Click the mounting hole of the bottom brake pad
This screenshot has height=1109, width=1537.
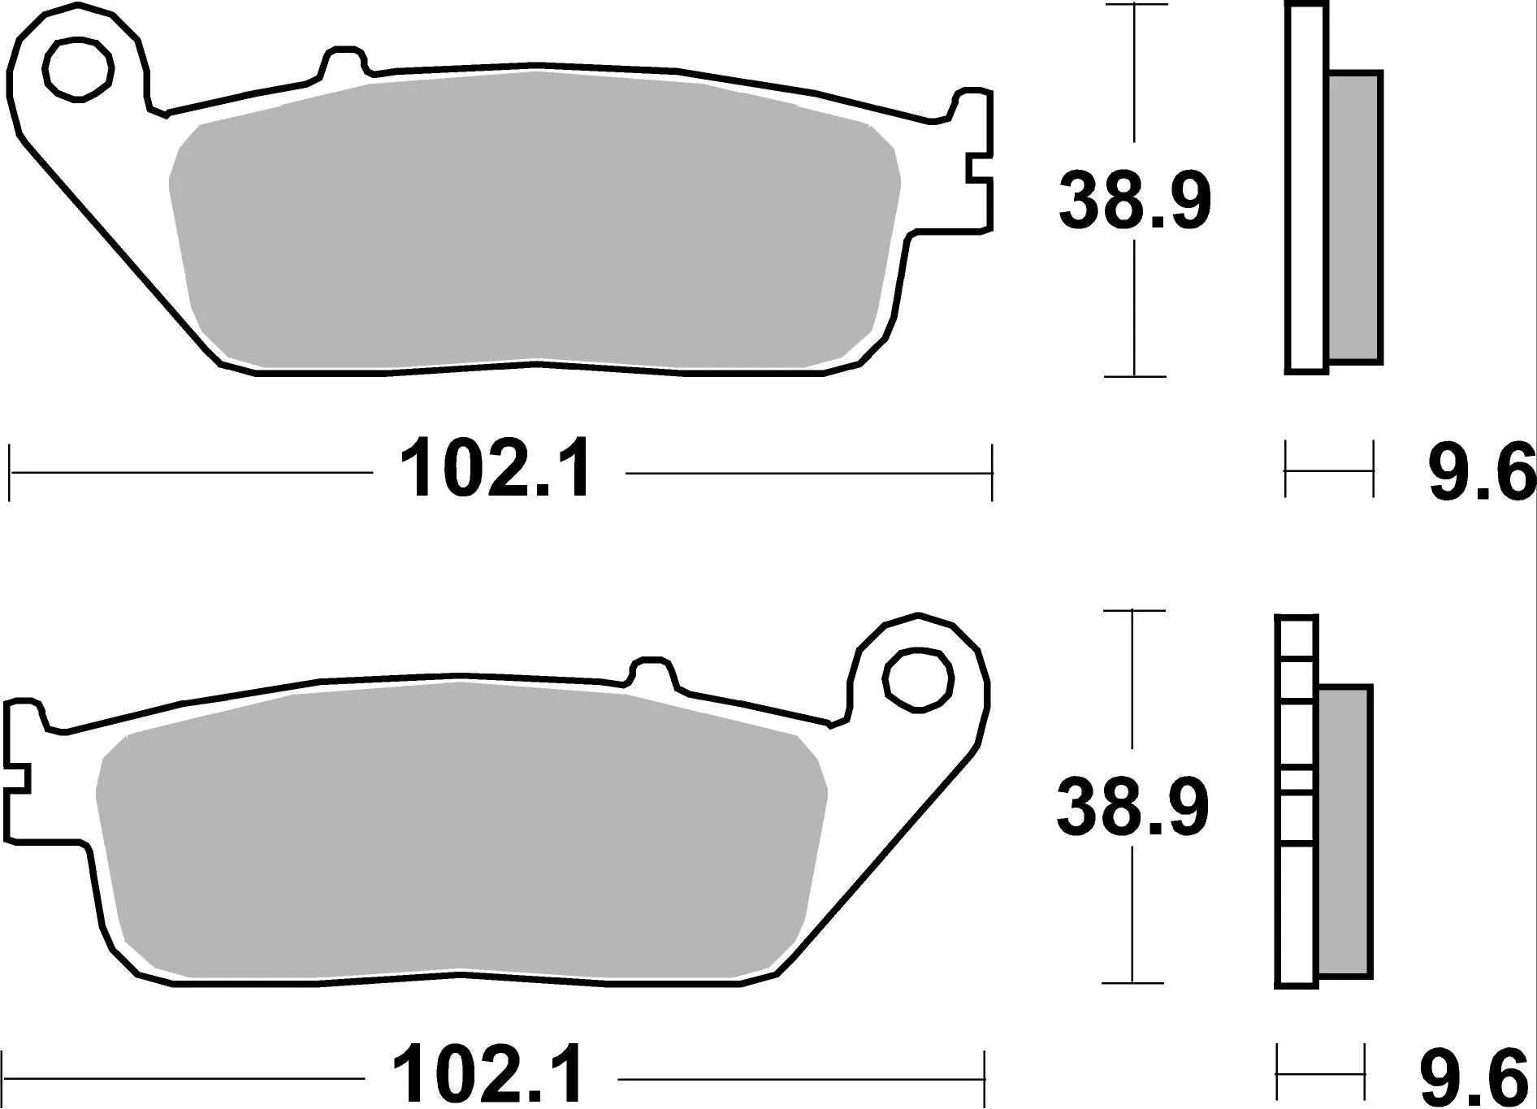click(918, 681)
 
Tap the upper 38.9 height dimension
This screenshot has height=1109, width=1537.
click(1134, 200)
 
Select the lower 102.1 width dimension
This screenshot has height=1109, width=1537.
click(489, 1077)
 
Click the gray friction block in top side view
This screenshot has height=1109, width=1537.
click(1354, 217)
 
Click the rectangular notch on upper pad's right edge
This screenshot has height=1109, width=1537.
click(979, 180)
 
